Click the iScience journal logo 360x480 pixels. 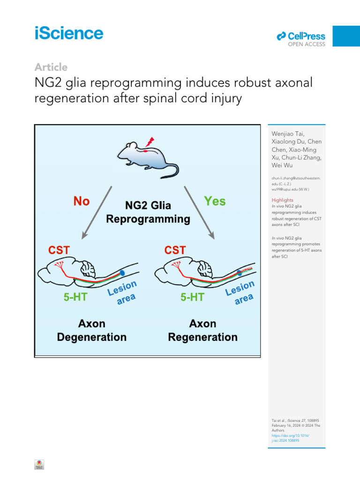click(x=69, y=34)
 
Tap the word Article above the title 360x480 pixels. click(x=51, y=67)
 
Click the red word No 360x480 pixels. click(x=82, y=202)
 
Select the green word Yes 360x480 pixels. click(x=215, y=201)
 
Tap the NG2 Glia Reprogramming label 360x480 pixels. click(x=148, y=212)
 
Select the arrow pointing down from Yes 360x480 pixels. click(x=199, y=211)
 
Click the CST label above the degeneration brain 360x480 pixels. click(x=58, y=250)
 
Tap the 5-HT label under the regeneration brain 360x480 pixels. click(x=192, y=297)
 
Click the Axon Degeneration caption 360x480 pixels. click(x=92, y=330)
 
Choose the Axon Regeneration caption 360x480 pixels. click(x=202, y=330)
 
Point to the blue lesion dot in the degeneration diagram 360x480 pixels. click(x=122, y=272)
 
